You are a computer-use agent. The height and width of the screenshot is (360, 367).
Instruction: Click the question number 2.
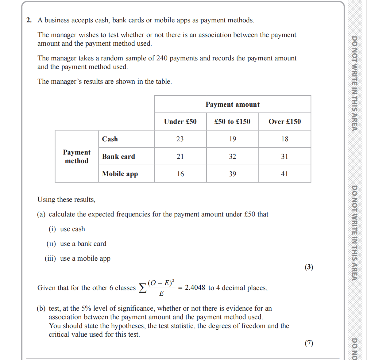click(29, 20)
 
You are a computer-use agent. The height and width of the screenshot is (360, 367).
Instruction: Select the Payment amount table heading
click(232, 105)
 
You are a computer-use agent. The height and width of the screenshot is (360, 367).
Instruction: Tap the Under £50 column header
click(180, 122)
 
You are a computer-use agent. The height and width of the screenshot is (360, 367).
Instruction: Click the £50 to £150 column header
click(232, 122)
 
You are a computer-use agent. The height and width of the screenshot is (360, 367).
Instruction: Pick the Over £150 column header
click(284, 122)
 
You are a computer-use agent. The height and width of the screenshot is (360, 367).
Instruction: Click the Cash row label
click(110, 139)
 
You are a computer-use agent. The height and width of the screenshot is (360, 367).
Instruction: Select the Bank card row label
click(118, 157)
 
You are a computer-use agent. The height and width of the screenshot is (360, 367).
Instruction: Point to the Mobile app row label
click(120, 174)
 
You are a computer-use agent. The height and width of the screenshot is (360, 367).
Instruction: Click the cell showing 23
click(180, 139)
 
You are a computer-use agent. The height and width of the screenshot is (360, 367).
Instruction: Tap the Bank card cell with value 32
click(232, 157)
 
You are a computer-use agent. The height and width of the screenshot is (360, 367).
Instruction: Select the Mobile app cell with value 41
click(284, 174)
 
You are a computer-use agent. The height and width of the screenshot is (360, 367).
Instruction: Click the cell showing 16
click(180, 174)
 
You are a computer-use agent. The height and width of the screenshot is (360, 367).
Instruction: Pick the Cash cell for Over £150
click(284, 139)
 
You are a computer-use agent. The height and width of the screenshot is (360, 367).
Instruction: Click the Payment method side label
click(77, 157)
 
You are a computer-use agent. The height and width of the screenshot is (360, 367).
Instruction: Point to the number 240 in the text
click(162, 58)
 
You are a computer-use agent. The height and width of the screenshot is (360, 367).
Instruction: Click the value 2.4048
click(195, 288)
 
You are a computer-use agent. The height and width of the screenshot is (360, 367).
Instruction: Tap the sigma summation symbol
click(143, 288)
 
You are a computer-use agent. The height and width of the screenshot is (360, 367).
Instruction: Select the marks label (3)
click(309, 267)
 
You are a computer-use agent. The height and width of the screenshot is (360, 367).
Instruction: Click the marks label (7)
click(309, 343)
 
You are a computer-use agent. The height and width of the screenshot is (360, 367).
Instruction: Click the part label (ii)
click(51, 244)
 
